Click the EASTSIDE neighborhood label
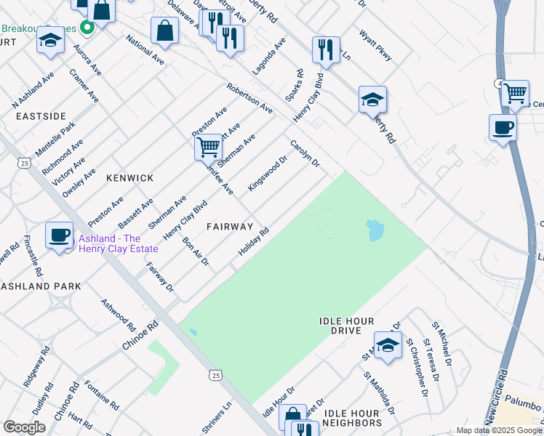pos(41,116)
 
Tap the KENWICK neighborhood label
pos(129,178)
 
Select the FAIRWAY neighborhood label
pos(229,227)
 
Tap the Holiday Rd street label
pos(254,243)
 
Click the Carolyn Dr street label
pos(305,153)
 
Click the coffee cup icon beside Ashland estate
pos(59,235)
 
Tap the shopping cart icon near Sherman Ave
pos(208,147)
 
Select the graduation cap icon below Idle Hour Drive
pos(388,344)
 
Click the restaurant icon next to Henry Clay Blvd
pos(324,49)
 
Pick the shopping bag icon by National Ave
pos(165,31)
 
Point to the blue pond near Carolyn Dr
pos(375,230)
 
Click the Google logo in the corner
pos(24,427)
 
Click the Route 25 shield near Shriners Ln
pos(214,374)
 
